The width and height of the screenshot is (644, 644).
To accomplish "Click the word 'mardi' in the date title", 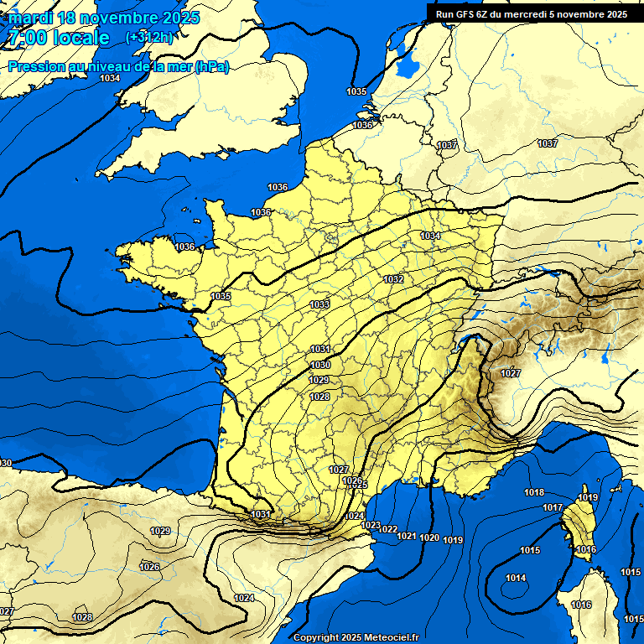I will click(30, 18).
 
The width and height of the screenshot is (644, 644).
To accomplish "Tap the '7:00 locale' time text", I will click(60, 38).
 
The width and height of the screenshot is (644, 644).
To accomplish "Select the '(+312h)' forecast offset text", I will click(149, 37).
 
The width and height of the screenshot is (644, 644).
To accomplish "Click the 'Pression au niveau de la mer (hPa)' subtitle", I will click(118, 66).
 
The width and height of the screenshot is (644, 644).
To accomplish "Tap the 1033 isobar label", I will click(319, 304).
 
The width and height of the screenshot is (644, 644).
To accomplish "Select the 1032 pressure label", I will click(393, 279).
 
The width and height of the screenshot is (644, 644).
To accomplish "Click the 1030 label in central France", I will click(319, 365).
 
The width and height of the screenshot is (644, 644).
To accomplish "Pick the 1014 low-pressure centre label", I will click(516, 578).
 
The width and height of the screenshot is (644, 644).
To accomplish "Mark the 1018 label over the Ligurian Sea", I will click(534, 492).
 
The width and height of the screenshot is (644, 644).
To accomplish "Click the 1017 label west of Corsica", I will click(552, 508).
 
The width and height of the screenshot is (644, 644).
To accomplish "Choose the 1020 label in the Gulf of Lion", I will click(429, 538).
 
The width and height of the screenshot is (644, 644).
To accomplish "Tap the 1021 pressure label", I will click(407, 536).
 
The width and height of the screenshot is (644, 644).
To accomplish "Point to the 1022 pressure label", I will click(387, 529).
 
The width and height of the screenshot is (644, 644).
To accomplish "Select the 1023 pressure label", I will click(371, 525).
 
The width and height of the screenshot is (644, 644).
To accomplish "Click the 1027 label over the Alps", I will click(511, 373).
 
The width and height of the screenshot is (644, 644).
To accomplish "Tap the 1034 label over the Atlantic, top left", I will click(110, 78).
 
